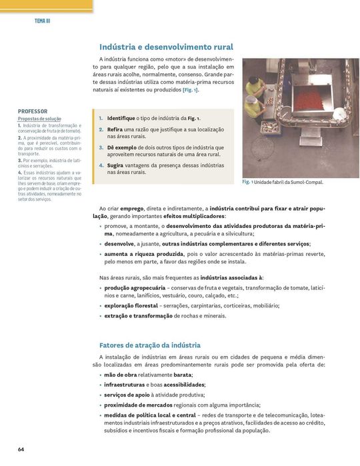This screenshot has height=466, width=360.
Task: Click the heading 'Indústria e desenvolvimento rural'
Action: pos(166,47)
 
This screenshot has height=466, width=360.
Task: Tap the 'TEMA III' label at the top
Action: pos(42,21)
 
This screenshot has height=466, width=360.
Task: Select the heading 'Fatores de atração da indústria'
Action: pos(149,345)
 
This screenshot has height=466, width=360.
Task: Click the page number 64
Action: pos(21,449)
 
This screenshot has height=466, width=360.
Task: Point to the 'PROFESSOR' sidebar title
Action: pos(33,111)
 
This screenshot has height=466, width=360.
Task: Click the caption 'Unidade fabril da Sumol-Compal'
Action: pos(287,182)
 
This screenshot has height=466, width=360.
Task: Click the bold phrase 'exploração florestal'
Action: pos(131,305)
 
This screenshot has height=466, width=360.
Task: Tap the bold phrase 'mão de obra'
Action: pos(121,375)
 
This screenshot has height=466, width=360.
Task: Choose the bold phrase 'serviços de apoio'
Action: pos(129,395)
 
